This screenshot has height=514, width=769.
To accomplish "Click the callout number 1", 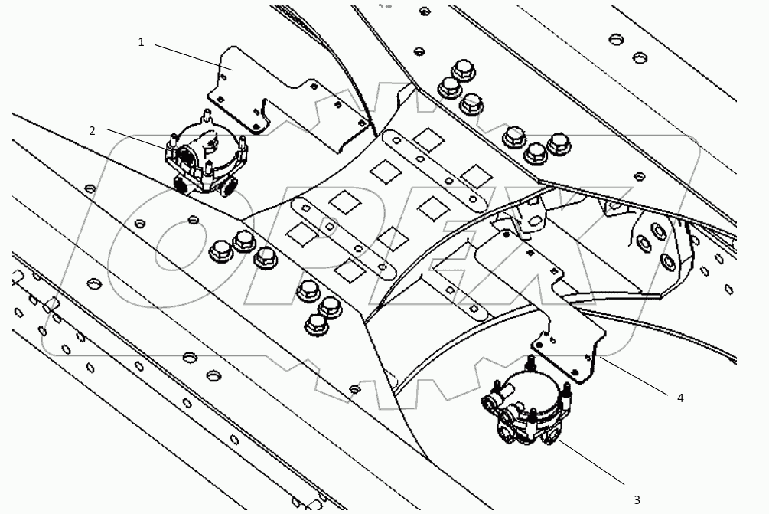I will pos(141,42).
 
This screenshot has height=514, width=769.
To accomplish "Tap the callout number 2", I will pos(92,130).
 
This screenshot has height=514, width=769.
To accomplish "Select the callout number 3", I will pos(637,499).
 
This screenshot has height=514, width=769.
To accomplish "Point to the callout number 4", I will pos(679,398).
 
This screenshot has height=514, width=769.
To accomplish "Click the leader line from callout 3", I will pos(597,463).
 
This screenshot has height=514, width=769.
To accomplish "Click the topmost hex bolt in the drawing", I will pos(461,71).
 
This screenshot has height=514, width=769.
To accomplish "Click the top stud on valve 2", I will pos(206,116).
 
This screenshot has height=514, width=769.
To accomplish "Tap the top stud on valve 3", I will pos(530,360).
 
